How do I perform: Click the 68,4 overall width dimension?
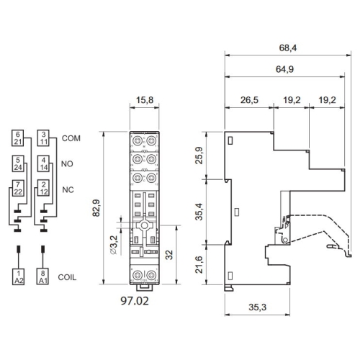coord(287,48)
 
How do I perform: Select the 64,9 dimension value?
coord(284,69)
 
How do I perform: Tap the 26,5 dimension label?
coord(249,100)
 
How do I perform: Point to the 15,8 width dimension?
coord(145,100)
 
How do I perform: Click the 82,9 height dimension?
coord(96,208)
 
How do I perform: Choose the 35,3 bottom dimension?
coord(257,307)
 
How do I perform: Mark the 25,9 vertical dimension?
coord(199,156)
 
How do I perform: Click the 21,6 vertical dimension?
coord(199,264)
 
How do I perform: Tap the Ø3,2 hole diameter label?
coord(114,245)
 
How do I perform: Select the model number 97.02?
coord(135,301)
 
